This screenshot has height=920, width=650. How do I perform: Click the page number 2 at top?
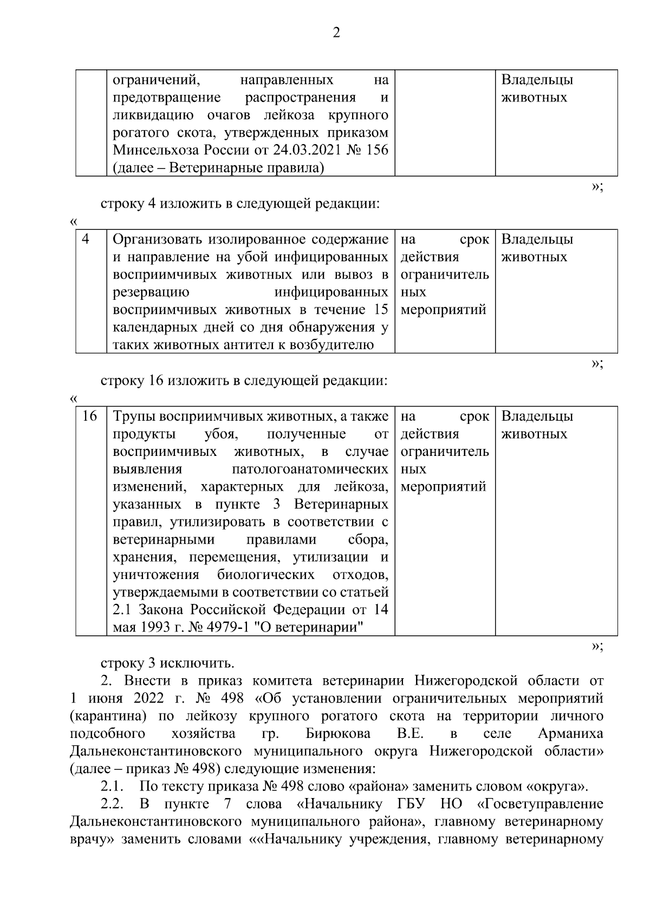pyautogui.click(x=336, y=33)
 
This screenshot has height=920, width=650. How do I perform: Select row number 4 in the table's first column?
pyautogui.click(x=86, y=239)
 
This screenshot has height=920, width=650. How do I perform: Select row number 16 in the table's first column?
pyautogui.click(x=89, y=416)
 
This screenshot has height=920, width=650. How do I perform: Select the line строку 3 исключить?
pyautogui.click(x=167, y=663)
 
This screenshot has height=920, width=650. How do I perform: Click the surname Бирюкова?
pyautogui.click(x=338, y=734)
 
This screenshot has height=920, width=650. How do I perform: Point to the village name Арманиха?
pyautogui.click(x=570, y=734)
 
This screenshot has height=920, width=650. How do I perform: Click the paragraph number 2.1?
pyautogui.click(x=112, y=786)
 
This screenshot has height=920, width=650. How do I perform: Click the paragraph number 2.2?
pyautogui.click(x=112, y=803)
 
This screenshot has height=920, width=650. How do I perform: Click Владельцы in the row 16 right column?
pyautogui.click(x=537, y=416)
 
